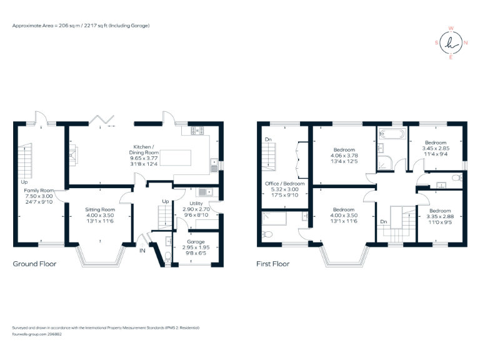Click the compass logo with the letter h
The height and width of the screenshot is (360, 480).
point(451,43)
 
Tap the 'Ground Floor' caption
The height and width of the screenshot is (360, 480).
point(35,264)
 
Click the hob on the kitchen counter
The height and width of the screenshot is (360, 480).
point(197,131)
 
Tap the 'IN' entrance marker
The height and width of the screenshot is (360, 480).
point(142,251)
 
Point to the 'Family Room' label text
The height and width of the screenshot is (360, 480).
point(39,190)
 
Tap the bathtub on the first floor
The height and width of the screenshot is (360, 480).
point(391,133)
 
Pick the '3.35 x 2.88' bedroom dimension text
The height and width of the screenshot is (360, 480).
point(439,216)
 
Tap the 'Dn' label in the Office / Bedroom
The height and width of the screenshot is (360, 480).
point(267,139)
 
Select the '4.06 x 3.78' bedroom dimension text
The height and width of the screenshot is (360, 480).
point(344,156)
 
